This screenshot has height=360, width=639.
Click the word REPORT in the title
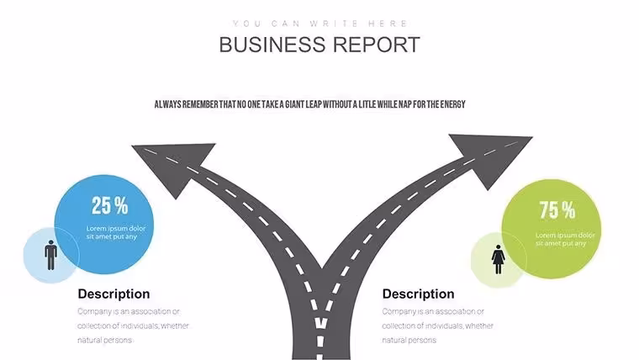coord(377,45)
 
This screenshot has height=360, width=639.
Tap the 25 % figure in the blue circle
coord(109,205)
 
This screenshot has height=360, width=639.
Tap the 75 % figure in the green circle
coord(557,210)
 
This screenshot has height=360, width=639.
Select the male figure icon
coord(51,255)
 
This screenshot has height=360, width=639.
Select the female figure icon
coord(498,259)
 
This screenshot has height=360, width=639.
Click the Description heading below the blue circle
coord(114,294)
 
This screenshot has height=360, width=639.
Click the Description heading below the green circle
coord(418,294)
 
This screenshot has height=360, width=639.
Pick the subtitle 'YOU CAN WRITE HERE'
coord(319,24)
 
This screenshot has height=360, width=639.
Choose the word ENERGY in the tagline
coord(452,104)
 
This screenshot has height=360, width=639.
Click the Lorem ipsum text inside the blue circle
coord(116,232)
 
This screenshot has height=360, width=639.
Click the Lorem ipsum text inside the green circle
coord(565,240)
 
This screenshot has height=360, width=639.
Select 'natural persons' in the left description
coord(105,340)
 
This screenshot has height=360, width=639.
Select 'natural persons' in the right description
coord(409,340)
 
